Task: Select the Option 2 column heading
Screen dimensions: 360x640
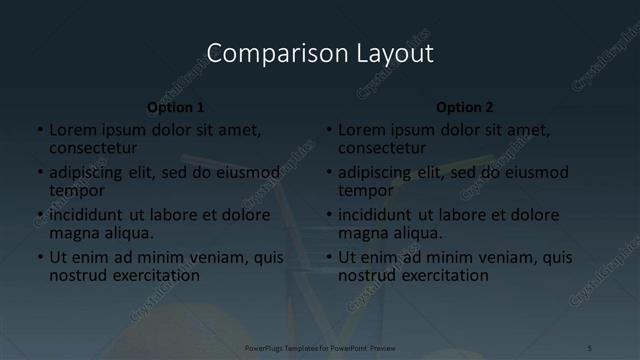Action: pos(465,107)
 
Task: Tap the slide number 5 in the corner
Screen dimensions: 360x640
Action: pos(589,348)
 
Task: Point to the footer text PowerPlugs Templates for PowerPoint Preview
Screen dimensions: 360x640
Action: pos(319,348)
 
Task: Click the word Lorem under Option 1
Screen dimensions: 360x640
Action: pos(72,130)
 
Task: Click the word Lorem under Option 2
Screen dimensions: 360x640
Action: pos(361,130)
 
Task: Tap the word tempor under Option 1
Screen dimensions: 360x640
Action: pos(77,190)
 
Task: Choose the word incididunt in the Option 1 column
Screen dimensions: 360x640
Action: pos(86,215)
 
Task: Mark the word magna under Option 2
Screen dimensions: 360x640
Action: pos(363,233)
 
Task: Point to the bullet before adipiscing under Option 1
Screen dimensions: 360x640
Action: pos(40,173)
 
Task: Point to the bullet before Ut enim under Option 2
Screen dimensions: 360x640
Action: pos(329,257)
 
